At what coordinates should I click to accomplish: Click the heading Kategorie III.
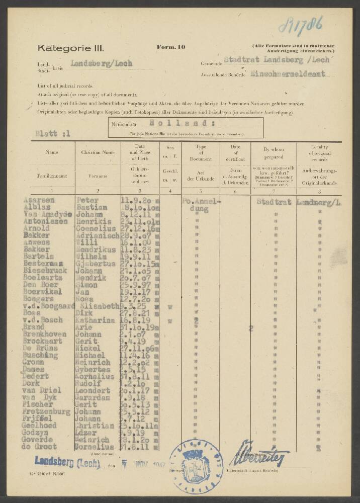coord(70,48)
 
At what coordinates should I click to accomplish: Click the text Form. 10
coord(171,47)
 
